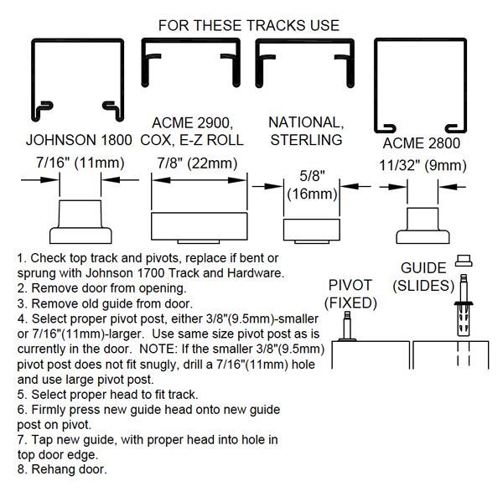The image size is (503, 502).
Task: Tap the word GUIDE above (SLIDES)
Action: point(423,267)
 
